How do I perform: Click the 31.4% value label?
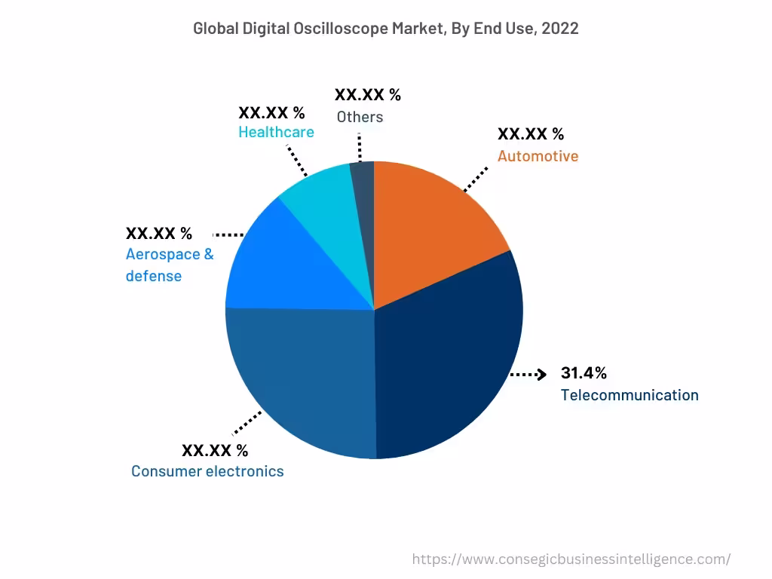pyautogui.click(x=584, y=373)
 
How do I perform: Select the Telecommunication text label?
pyautogui.click(x=630, y=395)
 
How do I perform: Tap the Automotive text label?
pyautogui.click(x=538, y=156)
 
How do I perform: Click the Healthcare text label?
pyautogui.click(x=276, y=132)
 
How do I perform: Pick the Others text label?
pyautogui.click(x=360, y=117)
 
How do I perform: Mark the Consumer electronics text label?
pyautogui.click(x=207, y=471)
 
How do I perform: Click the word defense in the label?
pyautogui.click(x=154, y=276)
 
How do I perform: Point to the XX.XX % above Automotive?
pyautogui.click(x=531, y=134)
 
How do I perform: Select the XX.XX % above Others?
pyautogui.click(x=368, y=95)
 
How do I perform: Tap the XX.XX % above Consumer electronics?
pyautogui.click(x=215, y=451)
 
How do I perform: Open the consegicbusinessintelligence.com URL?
pyautogui.click(x=571, y=559)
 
